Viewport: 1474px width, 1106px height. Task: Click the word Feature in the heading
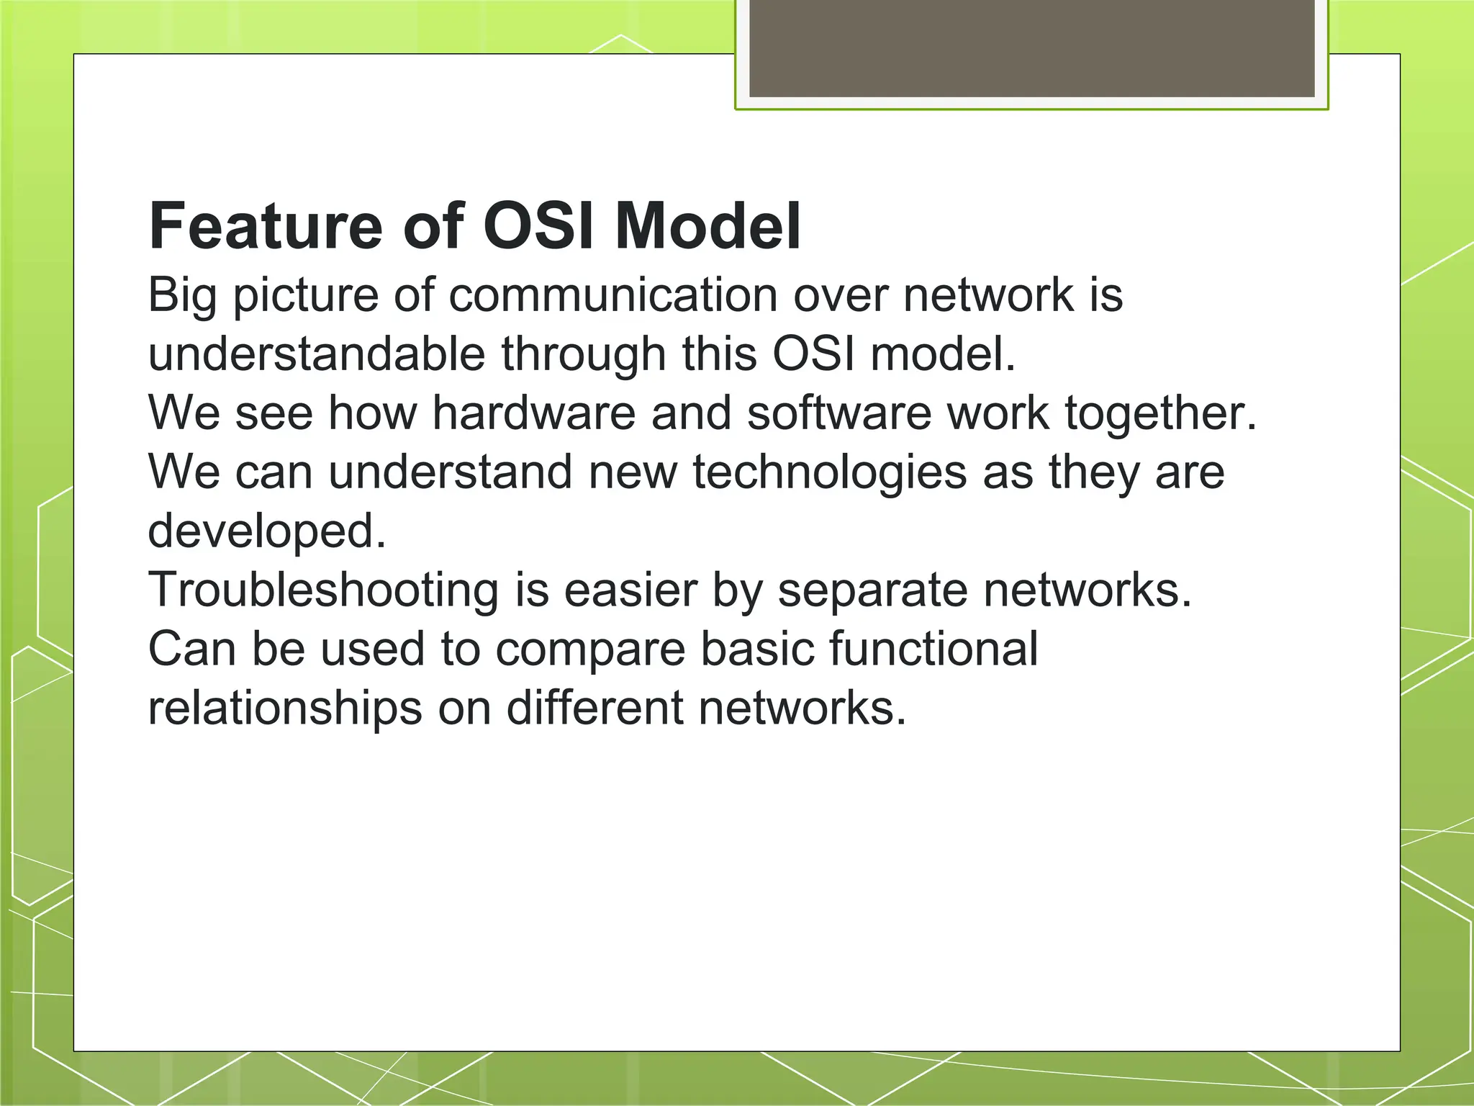tap(265, 226)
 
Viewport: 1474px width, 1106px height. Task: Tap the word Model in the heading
tap(707, 226)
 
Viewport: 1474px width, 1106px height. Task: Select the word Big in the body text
tap(182, 296)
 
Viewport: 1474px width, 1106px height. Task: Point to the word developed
tap(267, 532)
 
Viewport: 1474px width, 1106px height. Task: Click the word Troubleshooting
tap(323, 590)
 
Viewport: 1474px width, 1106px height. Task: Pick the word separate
tap(872, 591)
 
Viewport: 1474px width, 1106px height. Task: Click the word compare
tap(590, 650)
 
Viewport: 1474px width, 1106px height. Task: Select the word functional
tap(933, 649)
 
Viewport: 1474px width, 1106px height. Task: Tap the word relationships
tap(285, 709)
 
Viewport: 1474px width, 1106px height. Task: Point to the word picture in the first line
tap(305, 296)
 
